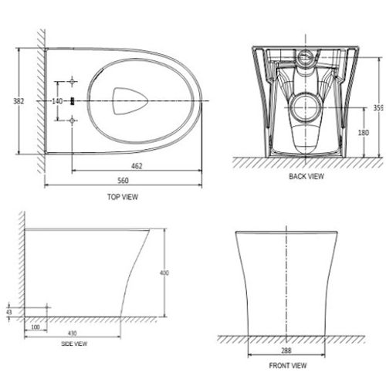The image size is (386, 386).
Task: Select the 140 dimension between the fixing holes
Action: point(57,101)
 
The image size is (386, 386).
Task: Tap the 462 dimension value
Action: point(136,165)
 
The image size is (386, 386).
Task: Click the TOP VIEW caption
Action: point(122,197)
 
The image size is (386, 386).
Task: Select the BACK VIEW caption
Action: point(306,177)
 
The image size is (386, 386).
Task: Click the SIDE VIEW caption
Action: point(75,344)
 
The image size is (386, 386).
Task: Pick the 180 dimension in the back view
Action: point(373,132)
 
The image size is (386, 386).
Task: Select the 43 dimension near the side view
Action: point(8,312)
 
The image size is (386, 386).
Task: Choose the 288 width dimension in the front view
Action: point(286,350)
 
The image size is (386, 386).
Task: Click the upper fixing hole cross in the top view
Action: point(72,82)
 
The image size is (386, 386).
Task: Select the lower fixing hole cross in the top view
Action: point(72,120)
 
